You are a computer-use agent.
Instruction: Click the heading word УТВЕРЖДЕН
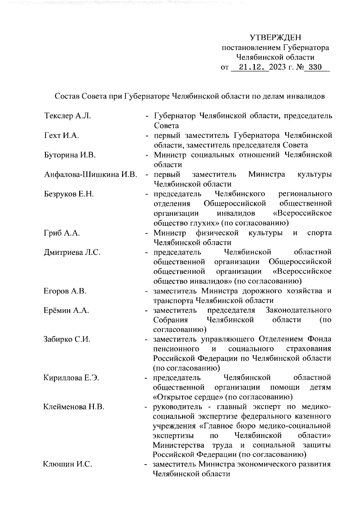click(x=275, y=38)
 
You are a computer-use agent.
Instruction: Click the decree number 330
click(x=315, y=67)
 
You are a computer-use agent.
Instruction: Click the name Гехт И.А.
click(x=61, y=135)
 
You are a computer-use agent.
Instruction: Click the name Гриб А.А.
click(x=62, y=233)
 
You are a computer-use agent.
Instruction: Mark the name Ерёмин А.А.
click(x=66, y=311)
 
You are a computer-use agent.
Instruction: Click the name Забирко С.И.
click(x=67, y=340)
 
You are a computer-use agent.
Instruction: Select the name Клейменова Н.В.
click(x=74, y=407)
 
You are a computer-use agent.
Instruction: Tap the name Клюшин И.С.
click(x=67, y=465)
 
